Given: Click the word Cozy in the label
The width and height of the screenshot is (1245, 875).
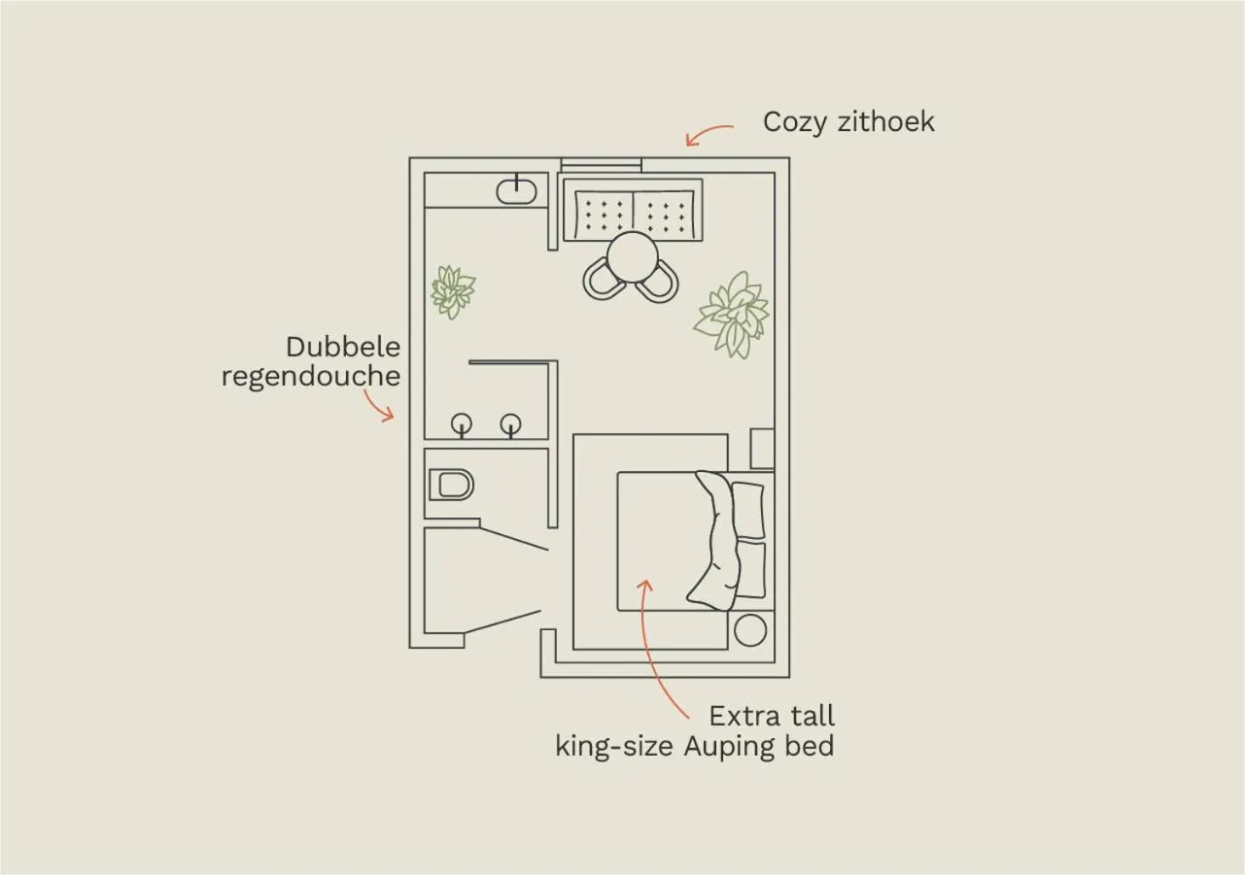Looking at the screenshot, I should coord(792,122).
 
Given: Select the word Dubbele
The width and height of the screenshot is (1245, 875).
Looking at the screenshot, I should coord(343,347).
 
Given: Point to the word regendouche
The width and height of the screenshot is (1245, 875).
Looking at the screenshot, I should coord(311,376).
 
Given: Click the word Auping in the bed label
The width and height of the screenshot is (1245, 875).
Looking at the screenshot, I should coord(734,747).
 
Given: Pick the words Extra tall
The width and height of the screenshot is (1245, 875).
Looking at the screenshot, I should coord(772,717).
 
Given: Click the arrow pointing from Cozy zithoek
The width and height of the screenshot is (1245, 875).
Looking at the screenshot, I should coord(709,134).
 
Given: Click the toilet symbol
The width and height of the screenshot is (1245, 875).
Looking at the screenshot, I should coord(450,484).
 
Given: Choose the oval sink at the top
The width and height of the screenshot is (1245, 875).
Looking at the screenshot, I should coord(516,191).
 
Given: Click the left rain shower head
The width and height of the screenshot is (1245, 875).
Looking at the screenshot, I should coord(462,423).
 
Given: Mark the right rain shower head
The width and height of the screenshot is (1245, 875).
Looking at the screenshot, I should coord(511,423).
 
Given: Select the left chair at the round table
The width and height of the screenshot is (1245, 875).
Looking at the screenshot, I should coord(603,280).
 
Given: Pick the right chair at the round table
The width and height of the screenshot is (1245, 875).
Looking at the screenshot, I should coord(660,281).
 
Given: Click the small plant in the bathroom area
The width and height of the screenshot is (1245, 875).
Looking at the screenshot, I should coord(452,290).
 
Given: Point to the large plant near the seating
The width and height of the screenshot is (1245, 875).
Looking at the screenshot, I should coord(732,315).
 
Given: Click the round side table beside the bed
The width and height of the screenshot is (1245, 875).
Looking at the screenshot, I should coord(750,630).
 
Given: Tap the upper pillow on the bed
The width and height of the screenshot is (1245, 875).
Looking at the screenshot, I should coord(747,509).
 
